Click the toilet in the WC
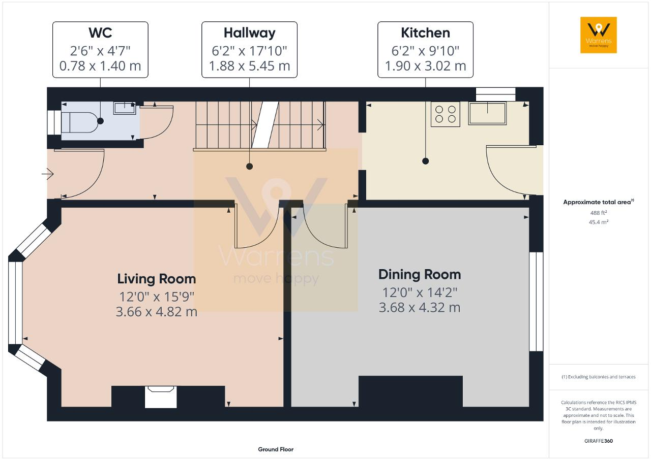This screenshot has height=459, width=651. pyautogui.click(x=79, y=121)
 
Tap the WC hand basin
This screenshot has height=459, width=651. pyautogui.click(x=124, y=108)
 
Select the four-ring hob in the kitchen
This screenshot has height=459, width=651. pyautogui.click(x=446, y=114)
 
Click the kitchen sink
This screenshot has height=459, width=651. pyautogui.click(x=487, y=113)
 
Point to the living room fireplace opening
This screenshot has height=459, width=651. pyautogui.click(x=161, y=397)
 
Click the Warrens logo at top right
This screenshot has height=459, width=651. pyautogui.click(x=599, y=35)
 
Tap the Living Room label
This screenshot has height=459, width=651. pyautogui.click(x=156, y=279)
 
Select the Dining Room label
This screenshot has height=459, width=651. pyautogui.click(x=420, y=275)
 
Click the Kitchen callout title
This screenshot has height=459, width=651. pyautogui.click(x=425, y=33)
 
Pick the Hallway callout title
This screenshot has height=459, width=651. pyautogui.click(x=249, y=33)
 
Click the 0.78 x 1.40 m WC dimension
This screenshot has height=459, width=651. pyautogui.click(x=100, y=66)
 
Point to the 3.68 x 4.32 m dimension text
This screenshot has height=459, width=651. pyautogui.click(x=420, y=307)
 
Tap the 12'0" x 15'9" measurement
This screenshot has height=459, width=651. pyautogui.click(x=156, y=296)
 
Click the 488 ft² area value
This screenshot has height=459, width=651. pyautogui.click(x=599, y=213)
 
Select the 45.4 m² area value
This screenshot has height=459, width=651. pyautogui.click(x=599, y=222)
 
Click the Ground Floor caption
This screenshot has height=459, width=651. pyautogui.click(x=276, y=449)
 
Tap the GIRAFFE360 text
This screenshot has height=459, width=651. pyautogui.click(x=599, y=441)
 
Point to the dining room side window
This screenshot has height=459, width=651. pyautogui.click(x=532, y=302)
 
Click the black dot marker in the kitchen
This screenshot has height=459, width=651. pyautogui.click(x=425, y=161)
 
